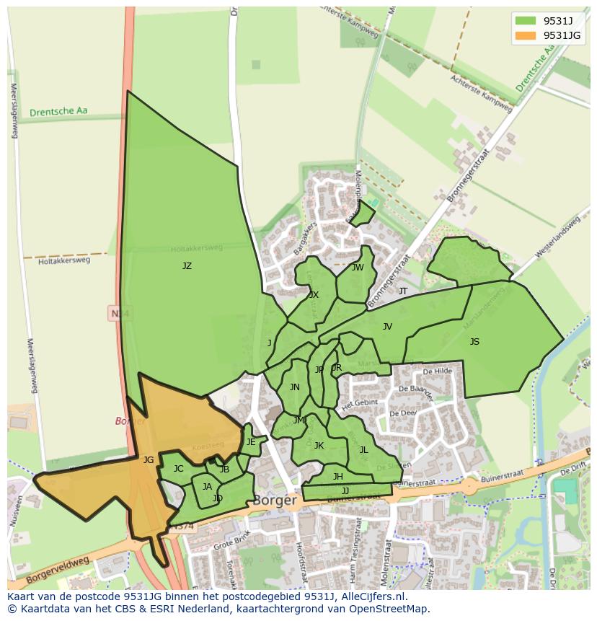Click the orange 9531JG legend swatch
[x=526, y=35]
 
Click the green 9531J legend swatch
[x=526, y=20]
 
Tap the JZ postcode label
[x=187, y=266]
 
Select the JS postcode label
[x=474, y=342]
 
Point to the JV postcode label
[x=387, y=327]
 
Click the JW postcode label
[x=358, y=268]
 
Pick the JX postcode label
[x=314, y=295]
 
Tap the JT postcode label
[x=403, y=291]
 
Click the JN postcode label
[x=294, y=387]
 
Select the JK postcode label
[x=319, y=446]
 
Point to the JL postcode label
[x=363, y=450]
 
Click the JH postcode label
[x=337, y=477]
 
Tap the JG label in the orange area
[x=149, y=460]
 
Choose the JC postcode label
[x=178, y=469]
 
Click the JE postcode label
[x=251, y=442]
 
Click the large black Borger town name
[x=275, y=500]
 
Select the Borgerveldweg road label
[x=57, y=569]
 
